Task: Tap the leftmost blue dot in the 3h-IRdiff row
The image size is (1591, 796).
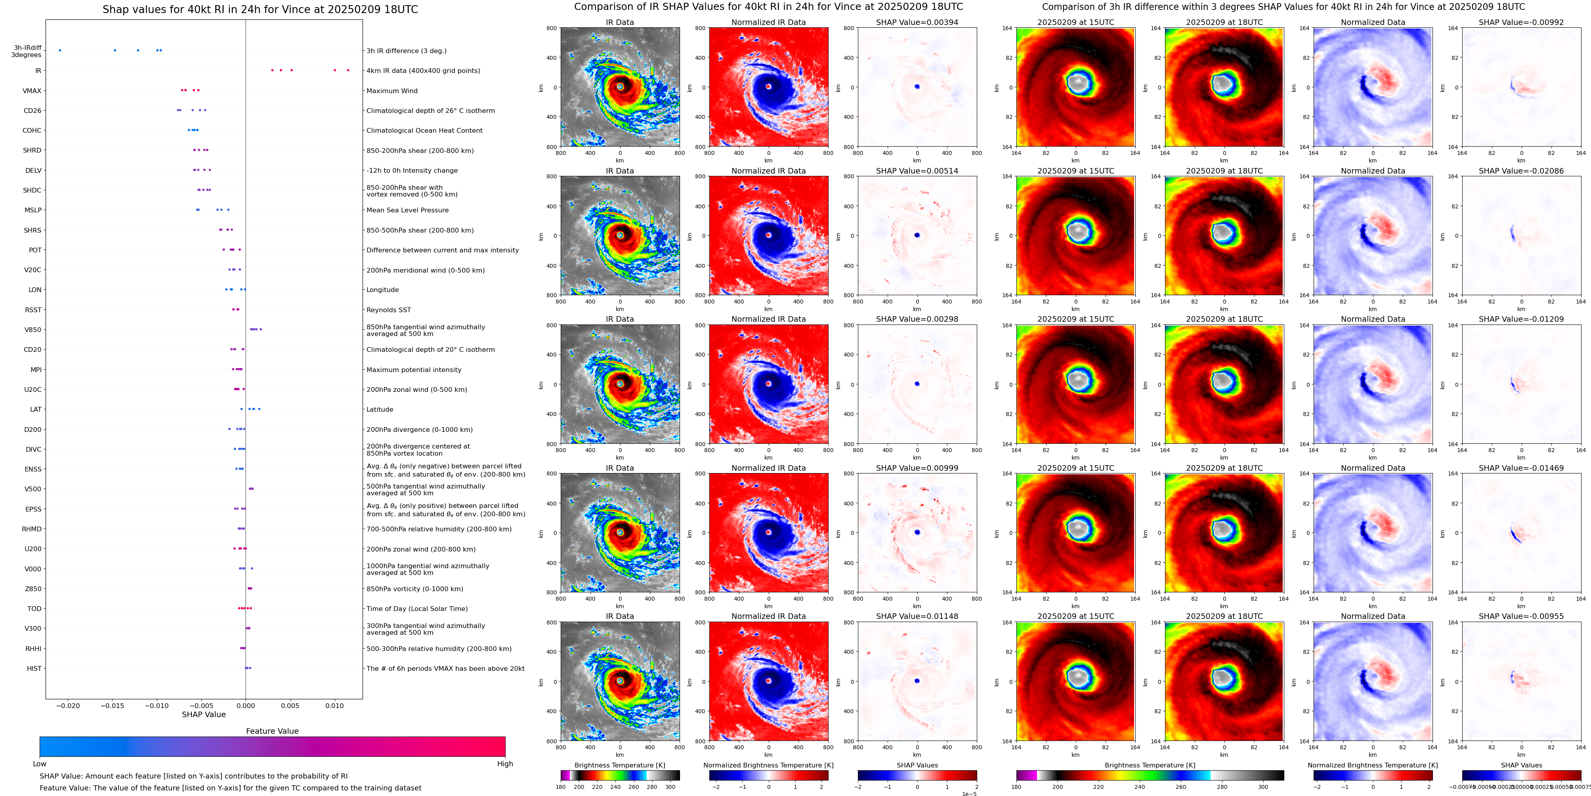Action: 60,50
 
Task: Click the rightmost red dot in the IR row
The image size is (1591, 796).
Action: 348,71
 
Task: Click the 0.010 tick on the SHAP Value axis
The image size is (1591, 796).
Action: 335,706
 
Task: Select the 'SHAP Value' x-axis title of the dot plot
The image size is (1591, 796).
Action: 204,714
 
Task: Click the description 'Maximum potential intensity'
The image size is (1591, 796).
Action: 414,370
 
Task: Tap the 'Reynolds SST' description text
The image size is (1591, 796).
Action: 388,310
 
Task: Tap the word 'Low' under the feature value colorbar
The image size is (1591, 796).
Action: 40,764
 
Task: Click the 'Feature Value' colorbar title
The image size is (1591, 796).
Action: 272,731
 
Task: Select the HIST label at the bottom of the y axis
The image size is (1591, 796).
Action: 34,668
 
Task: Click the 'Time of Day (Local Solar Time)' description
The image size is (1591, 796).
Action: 417,609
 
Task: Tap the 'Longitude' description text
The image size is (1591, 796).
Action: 382,290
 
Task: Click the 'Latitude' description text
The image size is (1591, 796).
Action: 380,409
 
